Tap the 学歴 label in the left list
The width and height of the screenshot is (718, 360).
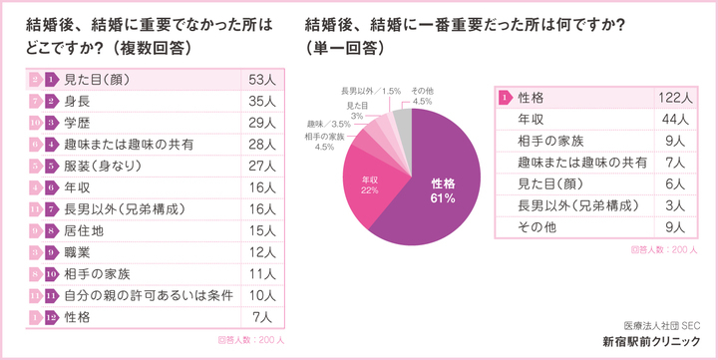click(78, 123)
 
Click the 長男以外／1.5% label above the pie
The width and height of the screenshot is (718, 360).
click(371, 91)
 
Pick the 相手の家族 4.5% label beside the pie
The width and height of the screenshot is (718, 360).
click(324, 141)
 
